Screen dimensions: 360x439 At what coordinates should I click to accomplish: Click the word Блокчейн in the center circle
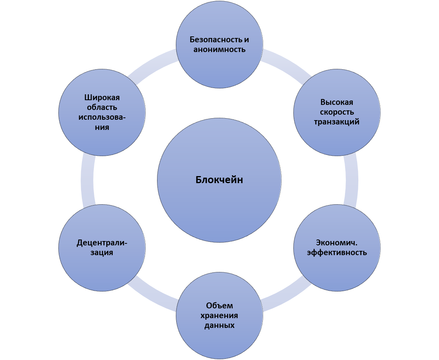tap(219, 180)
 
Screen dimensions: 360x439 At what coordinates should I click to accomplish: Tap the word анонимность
tap(219, 49)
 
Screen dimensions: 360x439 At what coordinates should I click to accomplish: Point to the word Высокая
tap(337, 103)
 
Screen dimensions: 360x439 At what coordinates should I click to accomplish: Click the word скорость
tap(337, 112)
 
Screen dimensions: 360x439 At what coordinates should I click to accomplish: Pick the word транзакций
tap(337, 122)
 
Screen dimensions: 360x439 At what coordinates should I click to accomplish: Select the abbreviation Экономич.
tap(337, 243)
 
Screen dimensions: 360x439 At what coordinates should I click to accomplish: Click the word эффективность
tap(337, 252)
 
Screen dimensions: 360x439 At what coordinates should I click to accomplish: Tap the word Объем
tap(219, 306)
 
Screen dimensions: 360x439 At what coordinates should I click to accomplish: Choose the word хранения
tap(219, 315)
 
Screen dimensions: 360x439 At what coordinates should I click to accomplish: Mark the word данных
tap(219, 325)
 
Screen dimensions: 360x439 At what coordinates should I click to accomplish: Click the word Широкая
tap(102, 97)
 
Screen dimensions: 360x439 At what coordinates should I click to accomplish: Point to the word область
tap(102, 107)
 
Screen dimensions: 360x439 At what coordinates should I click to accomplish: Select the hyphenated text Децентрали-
tap(102, 243)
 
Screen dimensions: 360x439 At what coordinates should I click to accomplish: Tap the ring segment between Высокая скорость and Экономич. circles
tap(351, 180)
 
